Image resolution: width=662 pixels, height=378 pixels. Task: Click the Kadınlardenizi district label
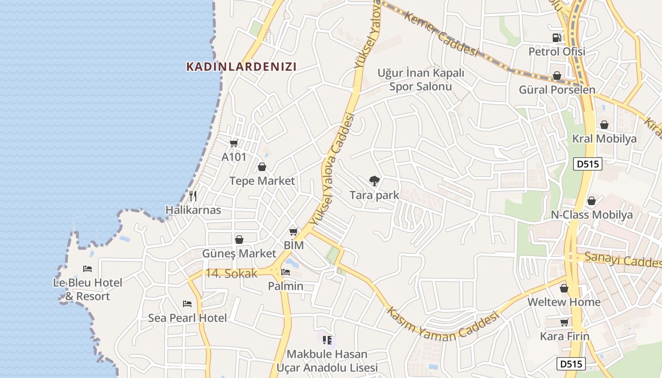click(x=242, y=67)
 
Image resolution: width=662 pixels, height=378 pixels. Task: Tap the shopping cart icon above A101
click(x=234, y=143)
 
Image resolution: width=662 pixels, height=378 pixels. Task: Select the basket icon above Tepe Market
click(x=262, y=167)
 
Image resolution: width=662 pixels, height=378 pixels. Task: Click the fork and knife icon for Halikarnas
click(x=192, y=196)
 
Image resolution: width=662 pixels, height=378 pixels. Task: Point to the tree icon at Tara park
click(x=375, y=180)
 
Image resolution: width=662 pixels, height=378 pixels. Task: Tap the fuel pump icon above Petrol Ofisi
click(x=557, y=37)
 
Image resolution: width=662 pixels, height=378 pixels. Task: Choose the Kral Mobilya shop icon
click(x=604, y=125)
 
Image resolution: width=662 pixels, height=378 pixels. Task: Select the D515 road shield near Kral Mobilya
click(x=587, y=164)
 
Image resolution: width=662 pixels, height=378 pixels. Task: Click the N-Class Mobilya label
click(x=592, y=215)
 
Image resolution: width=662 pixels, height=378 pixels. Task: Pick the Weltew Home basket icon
click(x=564, y=288)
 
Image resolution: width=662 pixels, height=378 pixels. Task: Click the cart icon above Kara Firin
click(x=564, y=322)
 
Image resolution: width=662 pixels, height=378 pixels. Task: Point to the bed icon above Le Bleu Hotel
click(x=87, y=268)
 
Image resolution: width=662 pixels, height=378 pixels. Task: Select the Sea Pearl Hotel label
click(x=188, y=318)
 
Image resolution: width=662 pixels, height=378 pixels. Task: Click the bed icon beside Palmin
click(x=286, y=272)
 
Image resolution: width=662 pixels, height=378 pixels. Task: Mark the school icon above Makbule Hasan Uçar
click(x=327, y=340)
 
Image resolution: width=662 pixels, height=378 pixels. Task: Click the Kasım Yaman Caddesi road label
click(x=443, y=325)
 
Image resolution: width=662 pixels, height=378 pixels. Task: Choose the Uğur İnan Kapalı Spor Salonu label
click(x=421, y=79)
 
